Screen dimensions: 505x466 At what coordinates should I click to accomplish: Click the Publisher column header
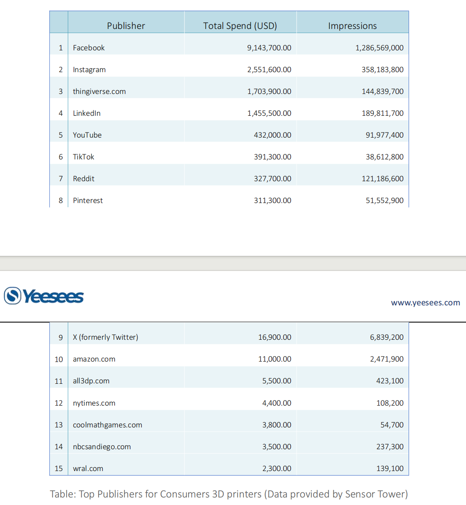click(126, 26)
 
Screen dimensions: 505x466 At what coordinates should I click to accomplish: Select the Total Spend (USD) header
click(240, 26)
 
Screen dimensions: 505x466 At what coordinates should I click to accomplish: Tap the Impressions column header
click(352, 26)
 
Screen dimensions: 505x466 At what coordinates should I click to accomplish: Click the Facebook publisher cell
click(89, 48)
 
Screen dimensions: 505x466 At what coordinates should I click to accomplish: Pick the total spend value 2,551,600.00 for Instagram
click(269, 70)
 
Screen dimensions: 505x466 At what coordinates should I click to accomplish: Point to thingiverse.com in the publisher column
click(99, 91)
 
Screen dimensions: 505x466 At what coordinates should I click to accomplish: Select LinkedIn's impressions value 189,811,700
click(383, 113)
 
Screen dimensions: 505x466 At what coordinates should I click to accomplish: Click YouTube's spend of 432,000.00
click(272, 135)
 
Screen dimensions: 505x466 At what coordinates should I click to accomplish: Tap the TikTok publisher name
click(83, 157)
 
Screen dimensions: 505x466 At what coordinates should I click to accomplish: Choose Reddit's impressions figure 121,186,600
click(383, 179)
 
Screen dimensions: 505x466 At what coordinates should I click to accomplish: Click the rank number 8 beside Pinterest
click(61, 200)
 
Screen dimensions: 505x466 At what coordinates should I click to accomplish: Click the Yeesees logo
click(44, 296)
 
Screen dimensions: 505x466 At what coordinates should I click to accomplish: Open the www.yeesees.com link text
click(425, 303)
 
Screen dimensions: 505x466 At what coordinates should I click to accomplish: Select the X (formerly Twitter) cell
click(106, 337)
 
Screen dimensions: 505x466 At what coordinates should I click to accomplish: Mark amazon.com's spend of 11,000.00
click(274, 359)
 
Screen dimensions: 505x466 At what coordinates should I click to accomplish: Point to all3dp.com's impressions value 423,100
click(390, 381)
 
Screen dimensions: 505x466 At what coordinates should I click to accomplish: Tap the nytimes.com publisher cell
click(94, 403)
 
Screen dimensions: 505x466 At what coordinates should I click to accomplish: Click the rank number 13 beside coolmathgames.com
click(59, 425)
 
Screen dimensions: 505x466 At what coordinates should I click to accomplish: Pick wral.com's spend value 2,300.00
click(277, 469)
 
